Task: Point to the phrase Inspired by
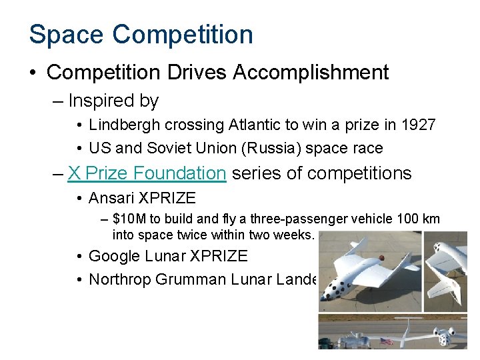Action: (x=113, y=101)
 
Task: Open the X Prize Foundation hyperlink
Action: (x=147, y=173)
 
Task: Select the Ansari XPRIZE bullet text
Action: (x=142, y=198)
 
